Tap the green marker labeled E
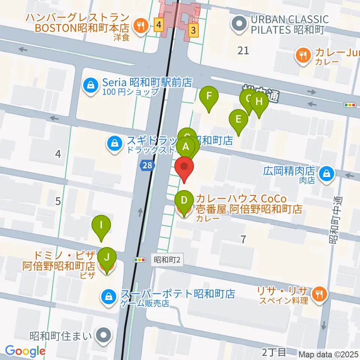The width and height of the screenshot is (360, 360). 238,120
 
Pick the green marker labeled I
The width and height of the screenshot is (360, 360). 101,225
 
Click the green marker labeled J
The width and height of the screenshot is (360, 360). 107,258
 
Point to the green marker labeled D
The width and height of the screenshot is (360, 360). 184,200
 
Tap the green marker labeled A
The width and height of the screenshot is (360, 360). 186,147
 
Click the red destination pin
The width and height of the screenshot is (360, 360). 184,167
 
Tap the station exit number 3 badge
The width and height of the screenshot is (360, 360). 193,31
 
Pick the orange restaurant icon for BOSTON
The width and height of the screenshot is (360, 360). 141,26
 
